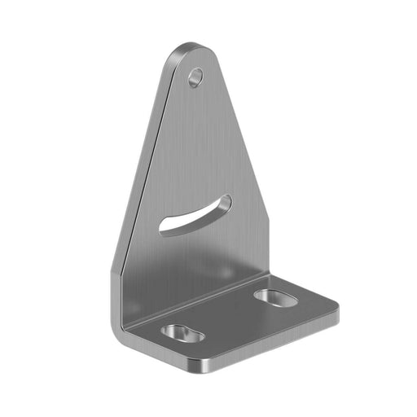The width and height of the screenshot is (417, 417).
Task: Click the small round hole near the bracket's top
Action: pyautogui.click(x=195, y=77)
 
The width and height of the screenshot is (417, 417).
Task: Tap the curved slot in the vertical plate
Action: pyautogui.click(x=195, y=215)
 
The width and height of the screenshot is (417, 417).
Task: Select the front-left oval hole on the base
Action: pyautogui.click(x=182, y=333)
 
